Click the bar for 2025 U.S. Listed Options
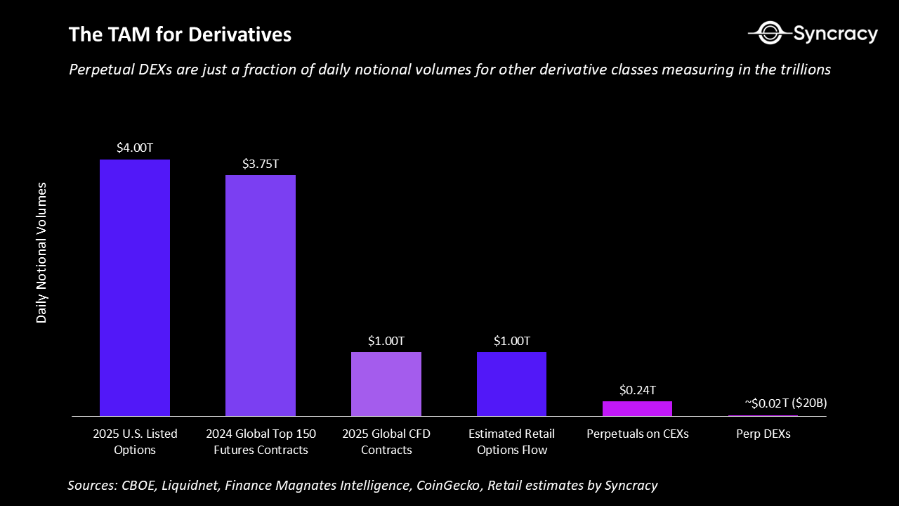point(135,287)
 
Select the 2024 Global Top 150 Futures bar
point(260,295)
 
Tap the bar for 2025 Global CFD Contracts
point(386,384)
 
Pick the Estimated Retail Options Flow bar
point(511,384)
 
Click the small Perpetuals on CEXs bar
point(637,408)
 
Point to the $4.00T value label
point(135,148)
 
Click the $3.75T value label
point(261,164)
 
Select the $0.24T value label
point(637,390)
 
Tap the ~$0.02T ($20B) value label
point(785,403)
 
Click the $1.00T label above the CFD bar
point(386,341)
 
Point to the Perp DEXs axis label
point(763,434)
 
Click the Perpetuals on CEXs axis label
point(637,434)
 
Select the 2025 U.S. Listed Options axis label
point(135,441)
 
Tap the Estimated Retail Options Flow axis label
point(511,441)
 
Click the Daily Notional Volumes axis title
point(42,252)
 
